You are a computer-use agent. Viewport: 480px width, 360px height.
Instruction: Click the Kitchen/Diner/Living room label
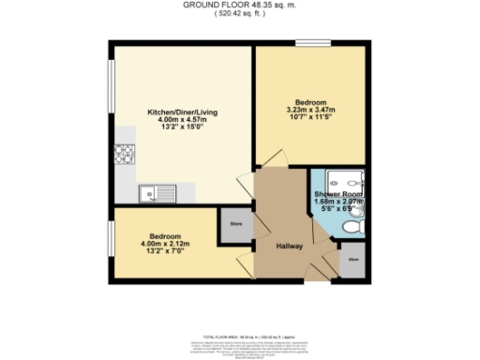(178, 112)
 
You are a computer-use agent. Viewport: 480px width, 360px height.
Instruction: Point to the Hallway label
(289, 246)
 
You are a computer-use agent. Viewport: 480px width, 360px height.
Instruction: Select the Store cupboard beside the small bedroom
(232, 224)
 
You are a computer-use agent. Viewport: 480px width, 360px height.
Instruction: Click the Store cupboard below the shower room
(353, 258)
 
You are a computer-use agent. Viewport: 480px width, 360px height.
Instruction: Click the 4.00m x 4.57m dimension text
(178, 120)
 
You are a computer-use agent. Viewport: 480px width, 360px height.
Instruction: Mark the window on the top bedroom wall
(309, 43)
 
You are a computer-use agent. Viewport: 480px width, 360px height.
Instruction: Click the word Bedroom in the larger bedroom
(310, 101)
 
